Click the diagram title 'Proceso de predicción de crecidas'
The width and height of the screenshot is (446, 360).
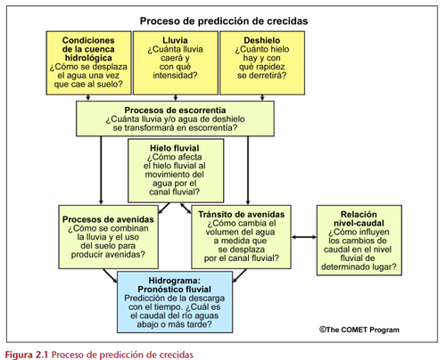coord(224,21)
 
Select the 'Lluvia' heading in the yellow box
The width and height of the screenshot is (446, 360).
coord(175,40)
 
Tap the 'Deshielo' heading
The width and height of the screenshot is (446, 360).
coord(262,40)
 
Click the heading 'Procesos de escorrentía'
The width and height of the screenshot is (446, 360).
coord(175,110)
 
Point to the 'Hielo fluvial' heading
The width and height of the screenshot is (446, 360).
coord(175,148)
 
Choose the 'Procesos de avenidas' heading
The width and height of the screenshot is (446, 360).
coord(108,219)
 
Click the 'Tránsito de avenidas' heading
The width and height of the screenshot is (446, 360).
coord(242,215)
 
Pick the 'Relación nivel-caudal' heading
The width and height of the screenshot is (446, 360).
coord(359,218)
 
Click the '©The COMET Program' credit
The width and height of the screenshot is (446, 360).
coord(359,330)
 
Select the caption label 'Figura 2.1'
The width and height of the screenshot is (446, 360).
coord(27,355)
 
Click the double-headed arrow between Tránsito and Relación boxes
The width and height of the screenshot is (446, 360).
coord(304,237)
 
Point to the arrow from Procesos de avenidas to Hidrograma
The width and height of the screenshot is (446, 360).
coord(110,276)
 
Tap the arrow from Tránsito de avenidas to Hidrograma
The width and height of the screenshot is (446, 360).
coord(240,275)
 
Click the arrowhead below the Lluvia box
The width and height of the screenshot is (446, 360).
coord(176,98)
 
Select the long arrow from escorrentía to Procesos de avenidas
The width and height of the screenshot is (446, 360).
coord(101,170)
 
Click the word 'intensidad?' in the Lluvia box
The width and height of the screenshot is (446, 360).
coord(175,76)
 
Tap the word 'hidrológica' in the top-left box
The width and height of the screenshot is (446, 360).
coord(88,58)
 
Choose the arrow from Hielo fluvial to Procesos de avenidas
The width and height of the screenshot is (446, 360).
coord(164,209)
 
